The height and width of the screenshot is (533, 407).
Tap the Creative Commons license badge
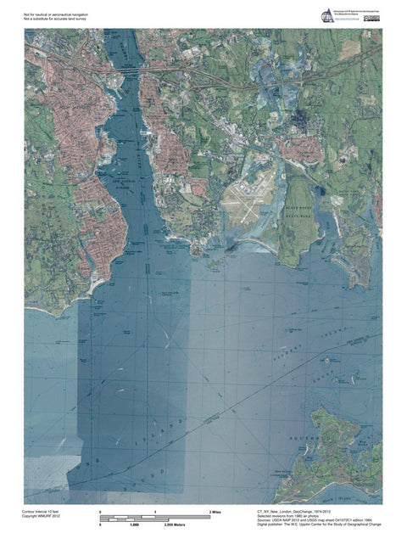(x=371, y=16)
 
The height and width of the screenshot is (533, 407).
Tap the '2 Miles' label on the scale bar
(x=215, y=513)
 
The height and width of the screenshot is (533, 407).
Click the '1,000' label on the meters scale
(x=134, y=526)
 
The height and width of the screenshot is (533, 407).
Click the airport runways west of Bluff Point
(x=250, y=199)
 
